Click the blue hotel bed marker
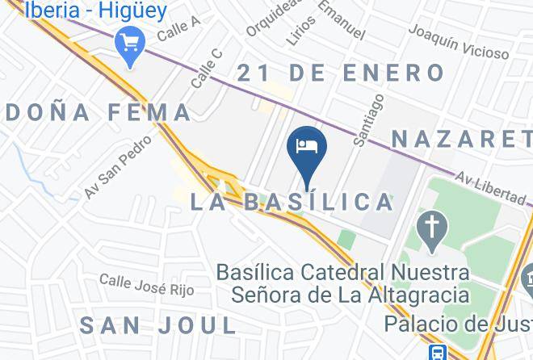point(307,147)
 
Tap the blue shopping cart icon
point(128,41)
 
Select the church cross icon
point(433,228)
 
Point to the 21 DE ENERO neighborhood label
point(341,73)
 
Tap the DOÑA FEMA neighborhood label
point(95,113)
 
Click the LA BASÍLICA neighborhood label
point(292,202)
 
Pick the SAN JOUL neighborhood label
point(158,326)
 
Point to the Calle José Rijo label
point(146,285)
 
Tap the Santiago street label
point(369,119)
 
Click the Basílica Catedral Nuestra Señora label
point(342,283)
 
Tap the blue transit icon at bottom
point(438,353)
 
